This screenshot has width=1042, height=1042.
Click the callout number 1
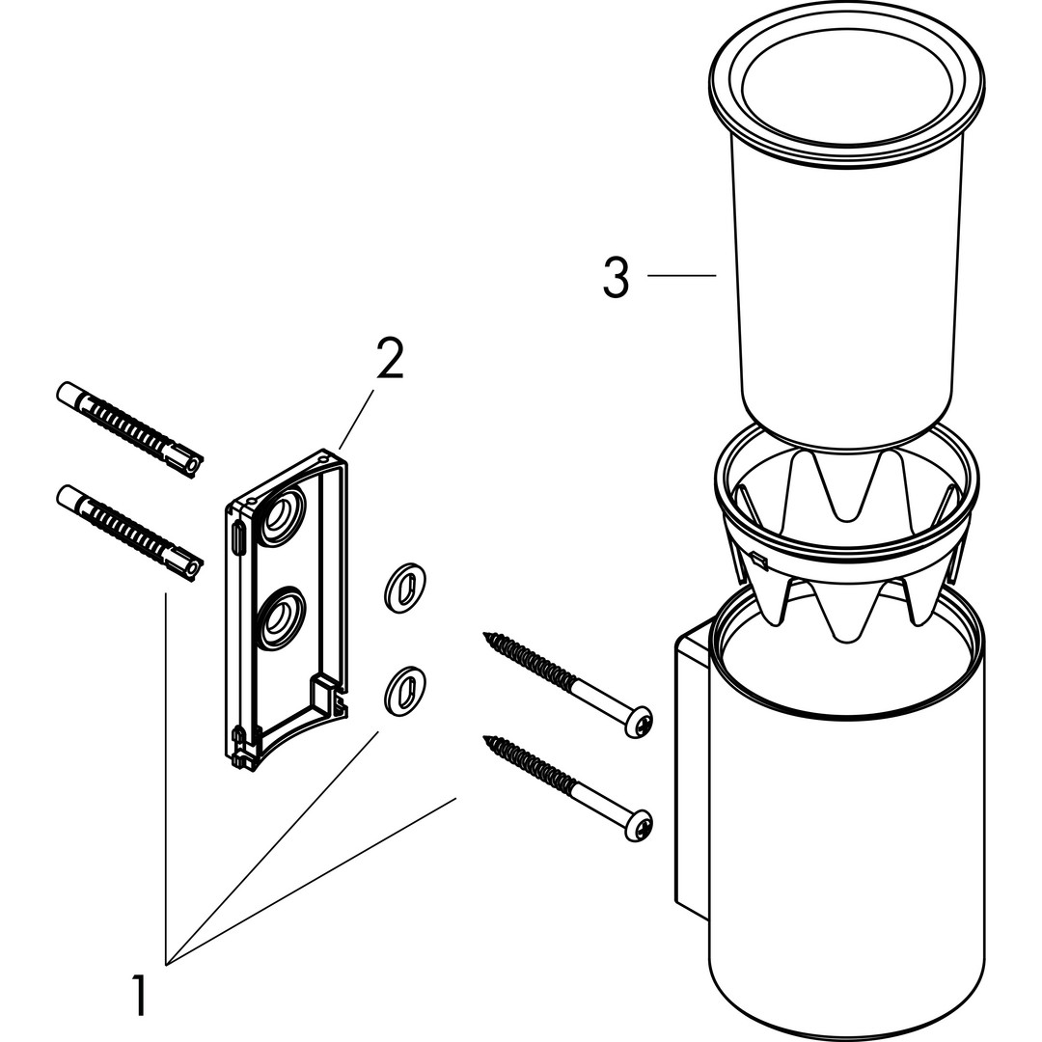pyautogui.click(x=141, y=995)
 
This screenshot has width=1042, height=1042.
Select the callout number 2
pyautogui.click(x=389, y=359)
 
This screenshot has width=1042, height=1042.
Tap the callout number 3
pyautogui.click(x=616, y=277)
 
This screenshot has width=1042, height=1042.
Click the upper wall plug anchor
pyautogui.click(x=130, y=425)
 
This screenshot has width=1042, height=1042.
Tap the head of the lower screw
pyautogui.click(x=640, y=824)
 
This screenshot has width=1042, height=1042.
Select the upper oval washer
pyautogui.click(x=405, y=587)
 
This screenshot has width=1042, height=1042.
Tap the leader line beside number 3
pyautogui.click(x=681, y=276)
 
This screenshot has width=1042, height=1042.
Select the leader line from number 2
pyautogui.click(x=356, y=420)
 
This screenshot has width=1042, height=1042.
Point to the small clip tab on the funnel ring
pyautogui.click(x=758, y=559)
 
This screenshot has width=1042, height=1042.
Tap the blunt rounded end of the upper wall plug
pyautogui.click(x=63, y=392)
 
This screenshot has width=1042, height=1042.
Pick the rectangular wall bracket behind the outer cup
pyautogui.click(x=691, y=772)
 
